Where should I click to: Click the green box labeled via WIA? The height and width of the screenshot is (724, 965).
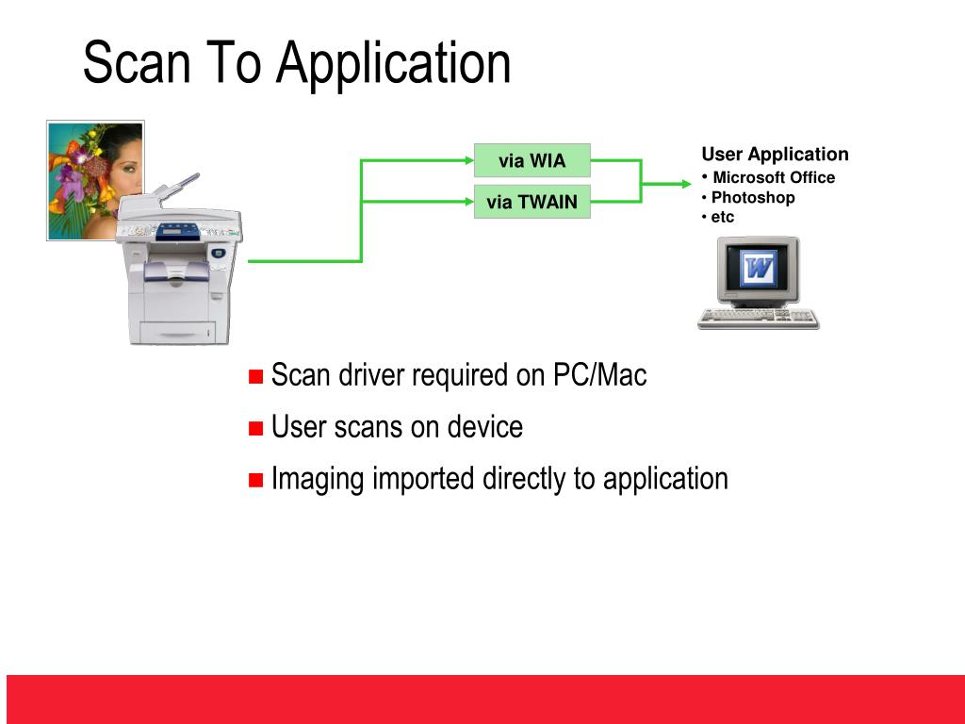(532, 160)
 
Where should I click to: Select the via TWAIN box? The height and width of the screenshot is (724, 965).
(532, 202)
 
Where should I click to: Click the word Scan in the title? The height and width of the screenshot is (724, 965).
(136, 62)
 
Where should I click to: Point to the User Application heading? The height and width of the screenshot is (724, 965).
(775, 154)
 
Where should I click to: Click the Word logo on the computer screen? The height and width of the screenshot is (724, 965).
(758, 269)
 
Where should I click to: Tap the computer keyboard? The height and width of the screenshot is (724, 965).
(759, 319)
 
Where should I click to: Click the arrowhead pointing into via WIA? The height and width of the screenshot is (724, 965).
(469, 160)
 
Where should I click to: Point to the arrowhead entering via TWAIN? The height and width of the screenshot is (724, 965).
(469, 202)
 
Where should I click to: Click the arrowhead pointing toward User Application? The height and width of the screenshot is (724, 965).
(686, 184)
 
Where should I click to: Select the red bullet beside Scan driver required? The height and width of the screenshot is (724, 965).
(255, 376)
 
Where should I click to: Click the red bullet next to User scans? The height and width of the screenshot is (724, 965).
(255, 428)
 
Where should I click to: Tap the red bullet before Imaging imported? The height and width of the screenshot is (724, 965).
(255, 480)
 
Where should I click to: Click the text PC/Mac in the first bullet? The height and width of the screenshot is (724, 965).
(600, 375)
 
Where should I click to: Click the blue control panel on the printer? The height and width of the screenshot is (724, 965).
(178, 232)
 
